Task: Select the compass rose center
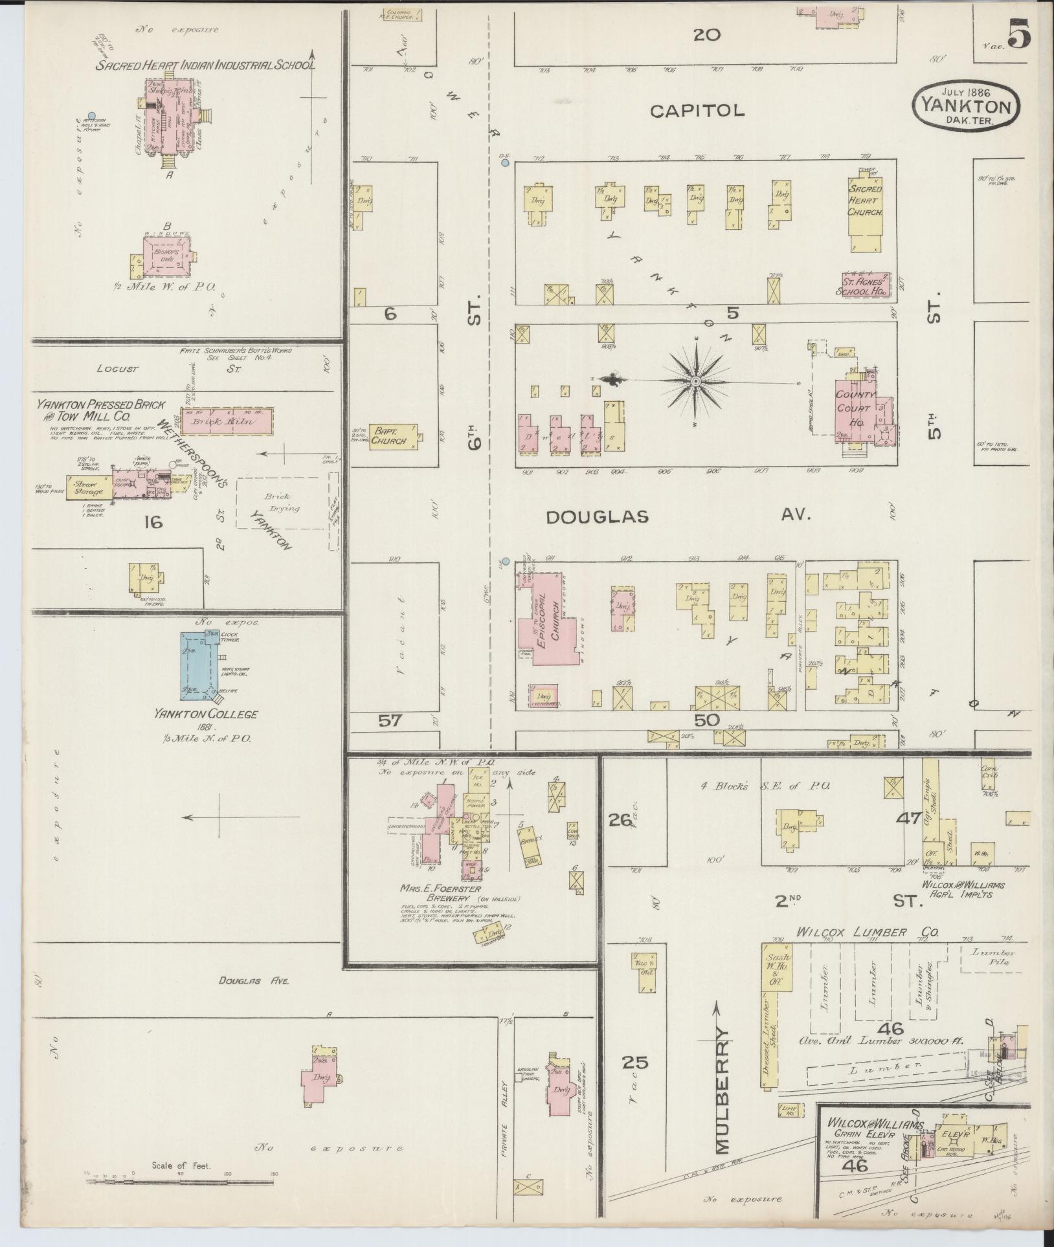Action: coord(695,382)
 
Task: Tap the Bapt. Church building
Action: coord(392,436)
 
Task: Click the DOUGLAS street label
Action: coord(596,516)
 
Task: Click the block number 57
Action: coord(391,720)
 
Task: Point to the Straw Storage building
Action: coord(89,487)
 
